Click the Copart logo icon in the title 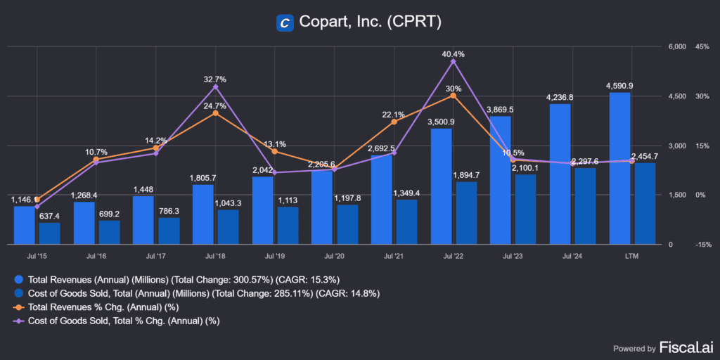[x=285, y=22]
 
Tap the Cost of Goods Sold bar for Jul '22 [x=466, y=212]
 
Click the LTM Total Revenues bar [x=619, y=168]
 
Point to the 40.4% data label [x=454, y=54]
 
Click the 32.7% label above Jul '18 [x=214, y=79]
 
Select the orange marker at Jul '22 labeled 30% [x=454, y=96]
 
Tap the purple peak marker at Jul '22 [x=454, y=62]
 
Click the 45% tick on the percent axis [x=702, y=47]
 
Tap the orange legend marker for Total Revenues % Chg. [x=18, y=307]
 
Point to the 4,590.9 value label [x=619, y=86]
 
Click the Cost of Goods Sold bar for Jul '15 [x=49, y=233]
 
